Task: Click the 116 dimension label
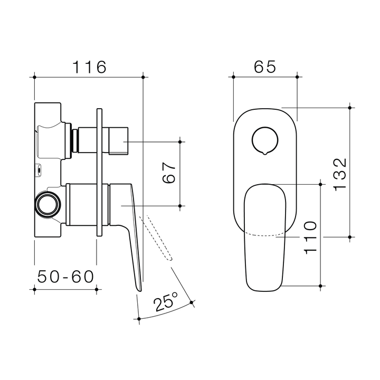click(x=89, y=67)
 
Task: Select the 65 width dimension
click(x=265, y=67)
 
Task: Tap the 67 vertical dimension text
click(x=168, y=173)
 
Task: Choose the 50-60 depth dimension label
click(x=65, y=276)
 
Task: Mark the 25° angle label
click(x=166, y=302)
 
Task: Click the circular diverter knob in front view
click(x=265, y=140)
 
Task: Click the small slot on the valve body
click(x=39, y=170)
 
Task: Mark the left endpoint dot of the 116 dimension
click(x=34, y=77)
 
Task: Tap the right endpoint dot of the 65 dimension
click(x=297, y=77)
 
